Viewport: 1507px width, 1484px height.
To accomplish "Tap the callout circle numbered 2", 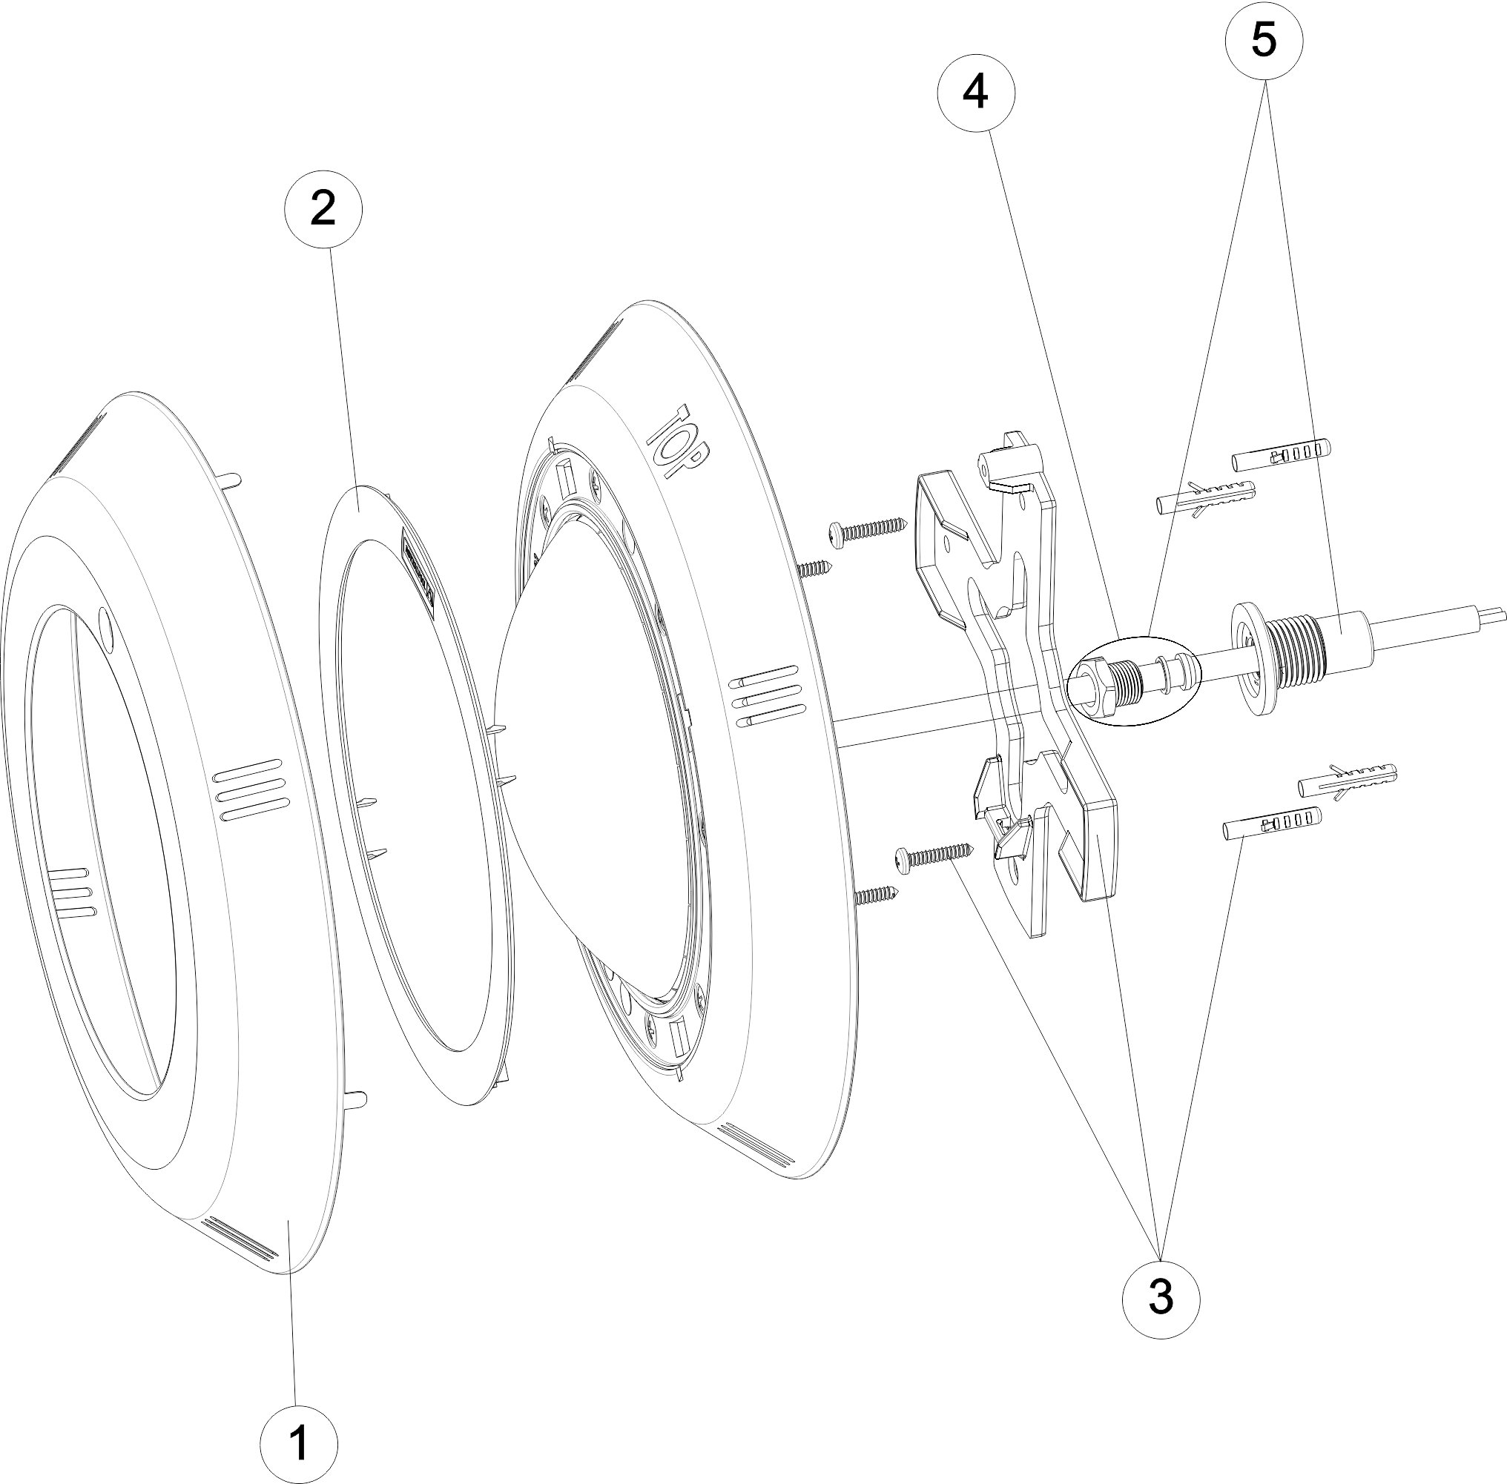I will pyautogui.click(x=323, y=209).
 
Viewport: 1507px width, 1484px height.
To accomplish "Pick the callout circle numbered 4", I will pyautogui.click(x=976, y=93).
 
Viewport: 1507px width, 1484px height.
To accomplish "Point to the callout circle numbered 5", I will pyautogui.click(x=1264, y=41).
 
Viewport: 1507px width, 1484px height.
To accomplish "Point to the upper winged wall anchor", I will pyautogui.click(x=1206, y=497).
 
